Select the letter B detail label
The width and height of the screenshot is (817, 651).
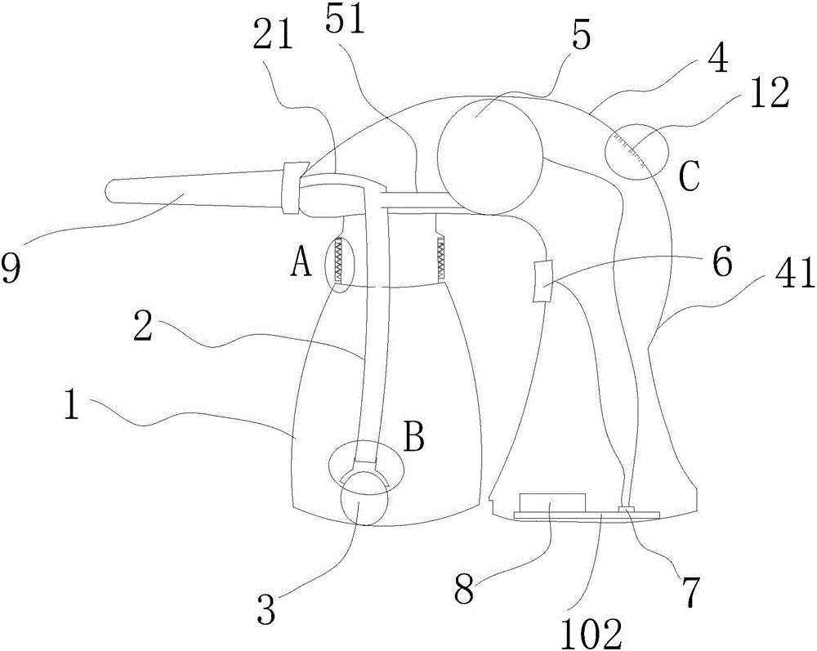pos(413,439)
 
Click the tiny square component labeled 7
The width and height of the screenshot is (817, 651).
pos(627,509)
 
